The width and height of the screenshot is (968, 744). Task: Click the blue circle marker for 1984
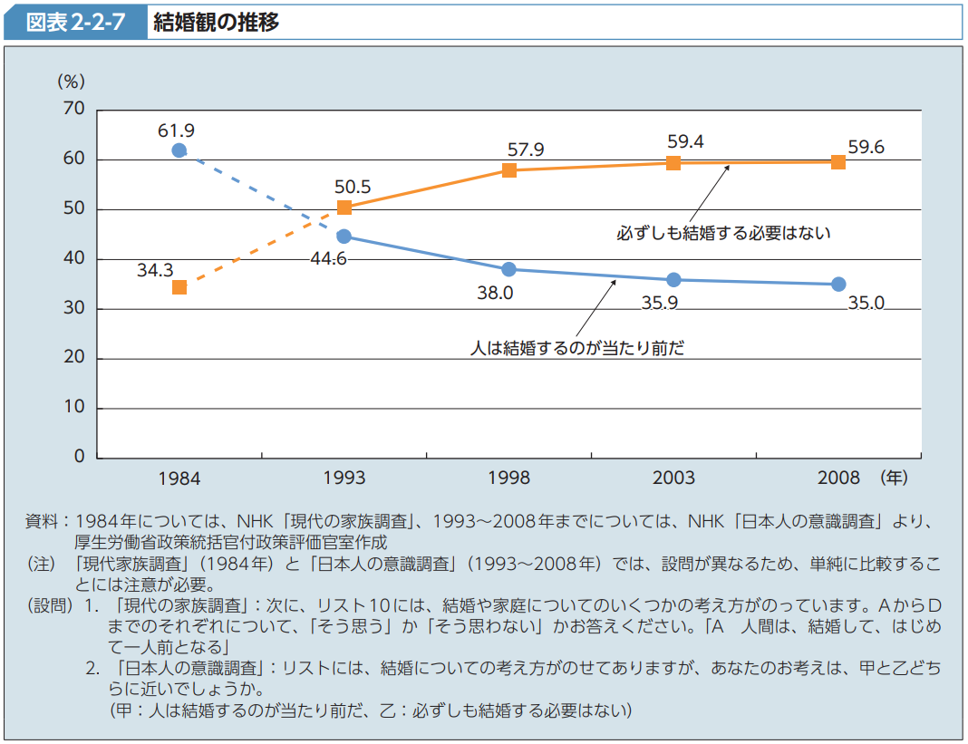pyautogui.click(x=179, y=150)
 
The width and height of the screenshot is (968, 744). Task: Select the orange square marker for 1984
pyautogui.click(x=179, y=287)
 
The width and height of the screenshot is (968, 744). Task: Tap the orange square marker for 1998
pyautogui.click(x=509, y=169)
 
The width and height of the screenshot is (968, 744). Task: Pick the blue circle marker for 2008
pyautogui.click(x=838, y=285)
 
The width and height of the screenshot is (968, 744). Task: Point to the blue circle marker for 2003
pyautogui.click(x=673, y=280)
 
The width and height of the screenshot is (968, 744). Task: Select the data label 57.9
pyautogui.click(x=526, y=150)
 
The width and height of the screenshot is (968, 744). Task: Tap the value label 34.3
pyautogui.click(x=155, y=269)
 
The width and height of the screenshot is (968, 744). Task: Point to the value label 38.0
pyautogui.click(x=495, y=293)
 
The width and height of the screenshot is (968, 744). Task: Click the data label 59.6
pyautogui.click(x=866, y=147)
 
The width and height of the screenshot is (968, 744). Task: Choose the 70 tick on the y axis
pyautogui.click(x=73, y=110)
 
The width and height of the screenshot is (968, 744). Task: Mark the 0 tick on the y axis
pyautogui.click(x=79, y=457)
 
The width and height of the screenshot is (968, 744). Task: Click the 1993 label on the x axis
pyautogui.click(x=344, y=478)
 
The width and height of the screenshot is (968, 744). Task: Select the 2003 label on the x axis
pyautogui.click(x=673, y=478)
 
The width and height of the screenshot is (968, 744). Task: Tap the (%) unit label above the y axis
pyautogui.click(x=71, y=82)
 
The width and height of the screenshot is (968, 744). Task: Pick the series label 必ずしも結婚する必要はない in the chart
pyautogui.click(x=723, y=233)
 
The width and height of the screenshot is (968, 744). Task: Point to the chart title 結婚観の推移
pyautogui.click(x=217, y=23)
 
